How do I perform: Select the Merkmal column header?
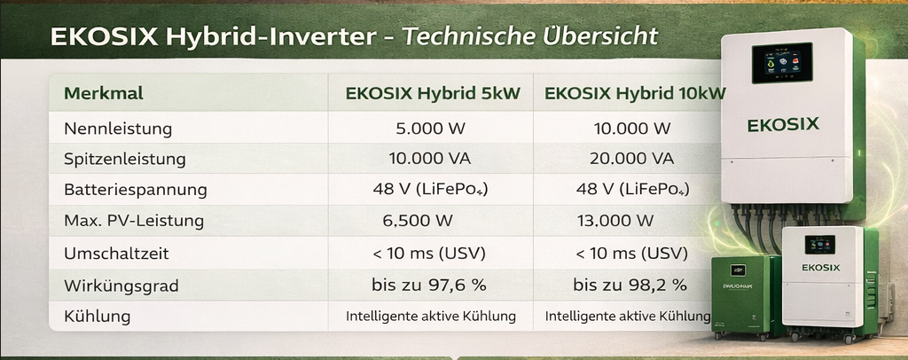[x=104, y=93]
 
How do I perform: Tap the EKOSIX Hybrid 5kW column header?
[x=433, y=94]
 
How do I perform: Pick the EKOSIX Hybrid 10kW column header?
[x=635, y=94]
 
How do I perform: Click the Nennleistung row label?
[x=118, y=129]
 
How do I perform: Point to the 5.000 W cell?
[x=430, y=128]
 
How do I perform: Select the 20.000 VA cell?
[x=631, y=159]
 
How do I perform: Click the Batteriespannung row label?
[x=136, y=190]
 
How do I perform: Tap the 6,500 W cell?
[x=418, y=221]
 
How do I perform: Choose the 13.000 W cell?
[x=615, y=221]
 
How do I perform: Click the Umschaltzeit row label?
[x=116, y=254]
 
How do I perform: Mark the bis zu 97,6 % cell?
[x=428, y=285]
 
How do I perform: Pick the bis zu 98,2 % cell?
[x=630, y=285]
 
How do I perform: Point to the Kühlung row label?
[x=98, y=317]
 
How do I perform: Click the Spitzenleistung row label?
[x=124, y=160]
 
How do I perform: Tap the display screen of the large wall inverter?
[x=782, y=63]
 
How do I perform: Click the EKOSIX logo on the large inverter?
[x=783, y=124]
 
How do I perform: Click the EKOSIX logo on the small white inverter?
[x=820, y=268]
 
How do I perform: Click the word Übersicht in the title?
[x=600, y=35]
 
